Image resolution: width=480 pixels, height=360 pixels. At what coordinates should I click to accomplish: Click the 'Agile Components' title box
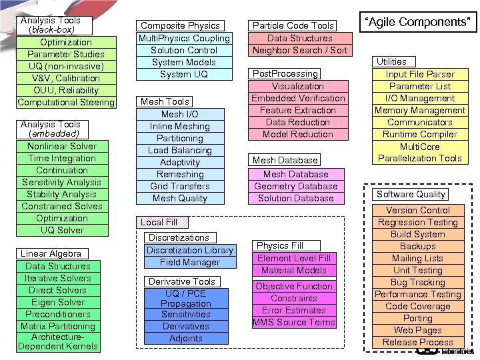click(419, 22)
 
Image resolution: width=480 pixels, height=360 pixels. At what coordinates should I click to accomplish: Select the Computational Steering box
click(66, 102)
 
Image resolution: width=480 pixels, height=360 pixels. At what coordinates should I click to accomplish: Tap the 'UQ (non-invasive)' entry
click(66, 66)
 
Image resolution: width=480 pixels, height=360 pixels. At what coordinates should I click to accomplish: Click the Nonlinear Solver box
click(62, 146)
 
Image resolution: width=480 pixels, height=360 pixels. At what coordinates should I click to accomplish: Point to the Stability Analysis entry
click(62, 194)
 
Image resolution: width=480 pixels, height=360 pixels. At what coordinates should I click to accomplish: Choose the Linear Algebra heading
click(51, 253)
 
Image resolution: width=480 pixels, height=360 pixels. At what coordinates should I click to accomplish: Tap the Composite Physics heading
click(180, 25)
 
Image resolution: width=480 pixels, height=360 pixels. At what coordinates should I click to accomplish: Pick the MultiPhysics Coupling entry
click(184, 38)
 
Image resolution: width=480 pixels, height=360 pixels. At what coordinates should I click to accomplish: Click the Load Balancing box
click(180, 150)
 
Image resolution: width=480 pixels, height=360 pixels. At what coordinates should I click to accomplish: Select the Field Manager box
click(190, 262)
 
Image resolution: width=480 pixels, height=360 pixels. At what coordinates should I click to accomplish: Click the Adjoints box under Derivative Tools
click(186, 338)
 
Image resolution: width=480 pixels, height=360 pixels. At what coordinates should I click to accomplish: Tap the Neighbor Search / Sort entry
click(301, 50)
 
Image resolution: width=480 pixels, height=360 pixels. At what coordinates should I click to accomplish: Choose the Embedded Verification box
click(298, 98)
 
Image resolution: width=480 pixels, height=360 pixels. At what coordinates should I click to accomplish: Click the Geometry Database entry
click(296, 186)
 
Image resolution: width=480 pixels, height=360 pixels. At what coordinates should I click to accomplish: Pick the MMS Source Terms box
click(293, 322)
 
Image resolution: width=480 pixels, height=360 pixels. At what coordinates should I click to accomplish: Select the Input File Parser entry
click(420, 74)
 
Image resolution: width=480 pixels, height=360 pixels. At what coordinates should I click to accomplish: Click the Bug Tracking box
click(418, 282)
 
